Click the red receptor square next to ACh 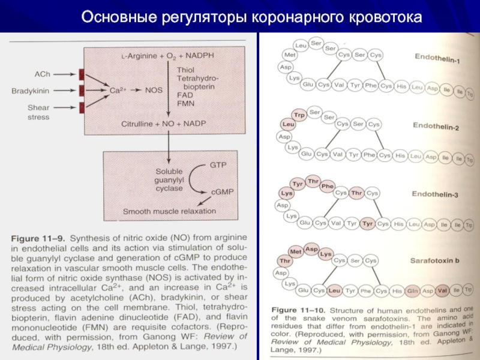81,74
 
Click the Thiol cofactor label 186,70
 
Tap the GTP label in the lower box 217,163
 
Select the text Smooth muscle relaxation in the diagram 170,211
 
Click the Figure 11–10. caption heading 290,310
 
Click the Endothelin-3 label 437,194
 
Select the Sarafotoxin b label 436,261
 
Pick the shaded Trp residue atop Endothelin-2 298,114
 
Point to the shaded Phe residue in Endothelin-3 327,187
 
